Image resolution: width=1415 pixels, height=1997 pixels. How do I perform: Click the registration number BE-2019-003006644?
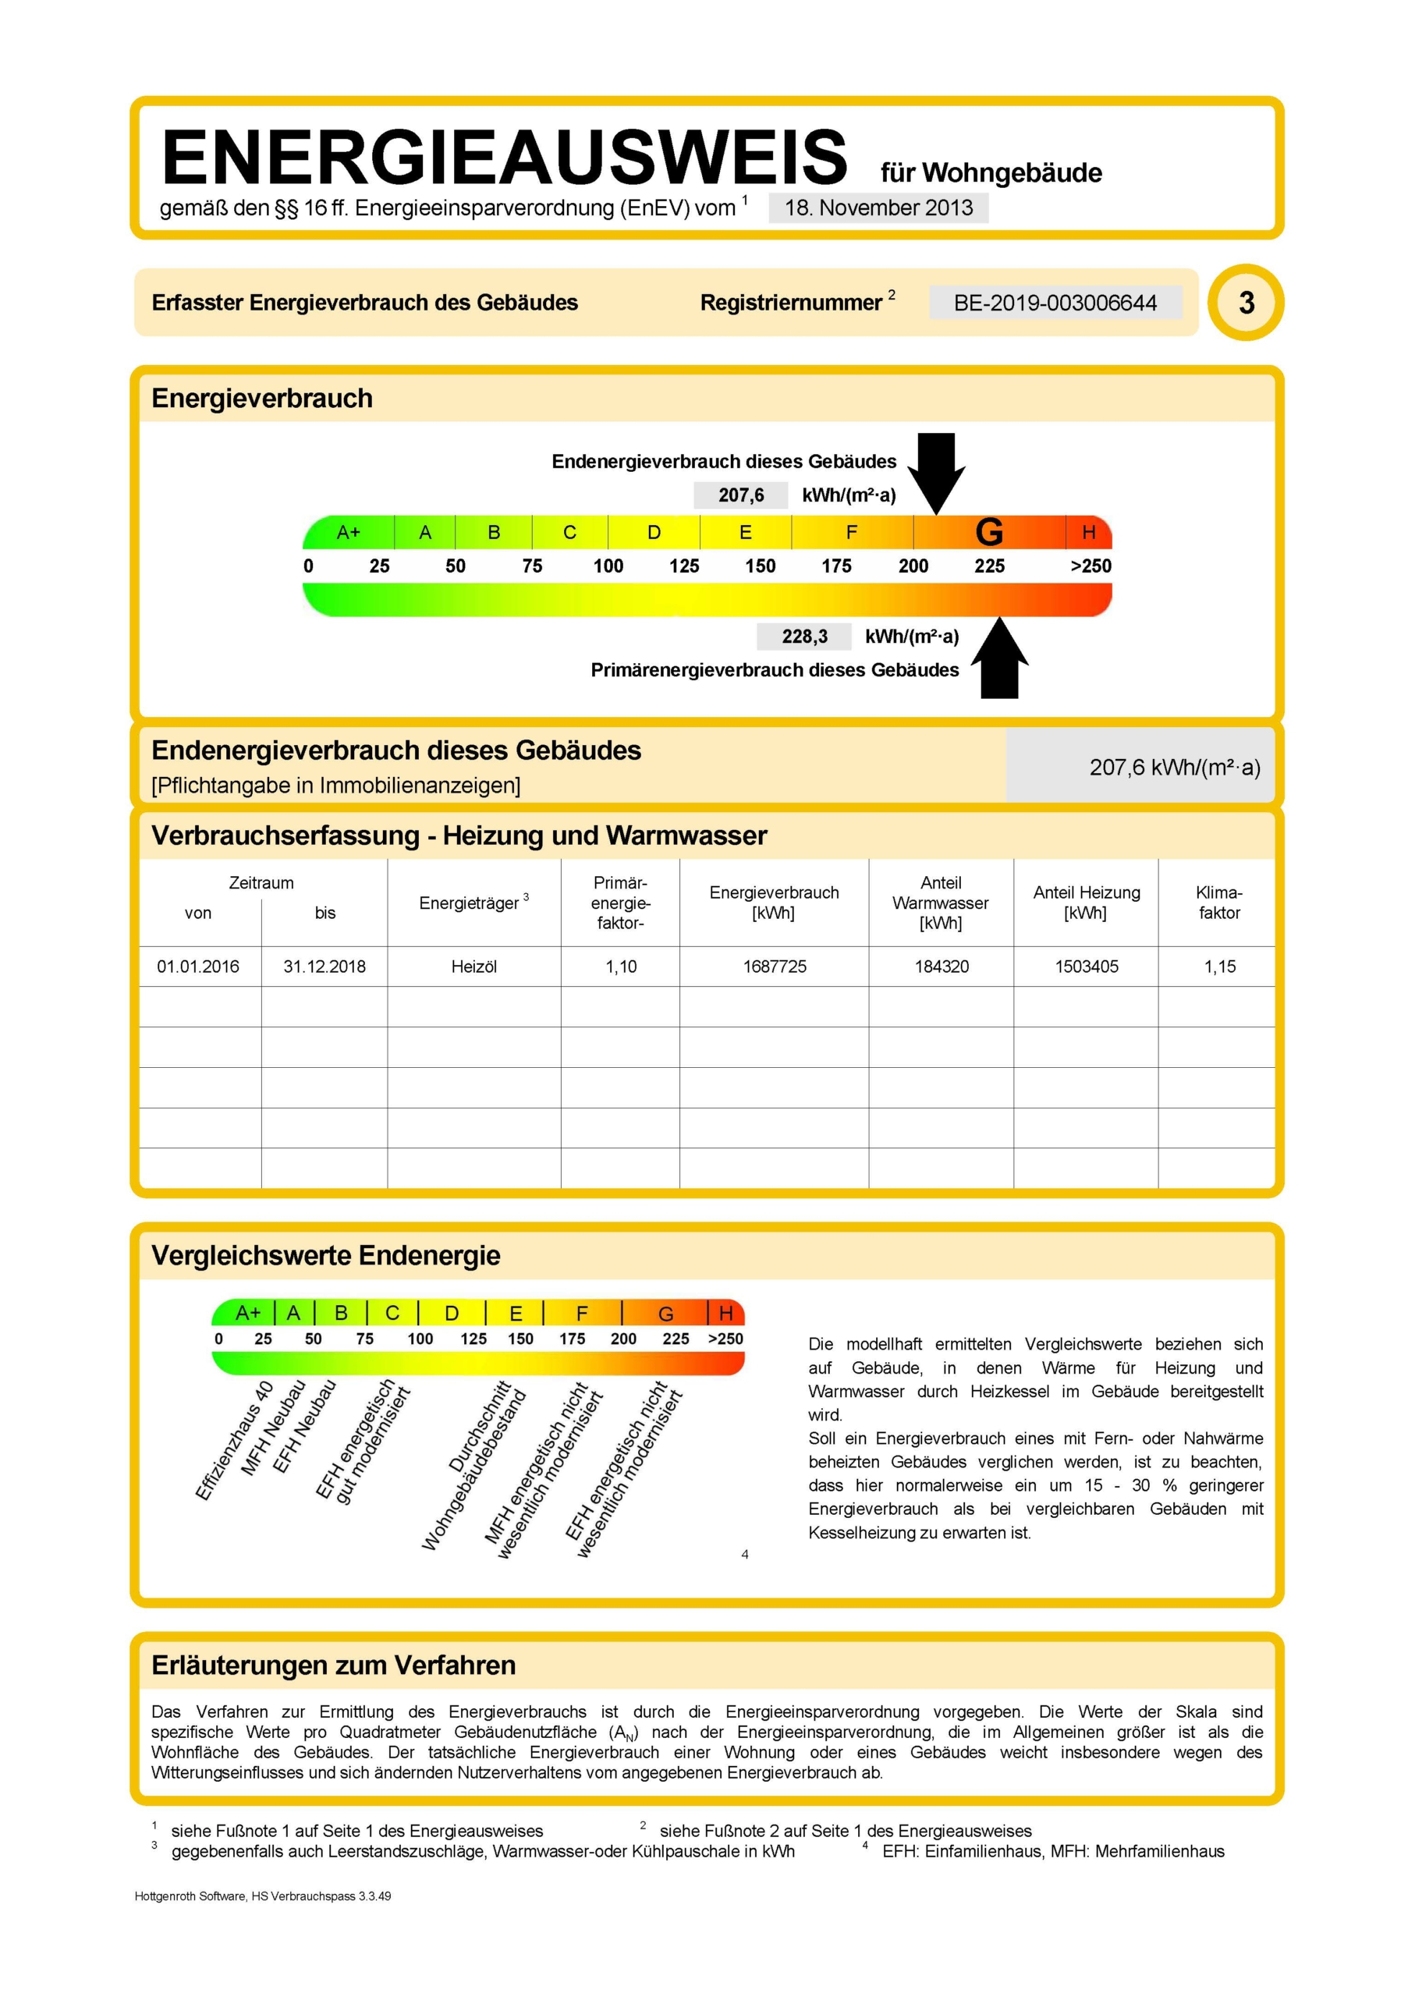pyautogui.click(x=1055, y=303)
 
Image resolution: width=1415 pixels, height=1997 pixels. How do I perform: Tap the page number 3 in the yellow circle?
pyautogui.click(x=1246, y=303)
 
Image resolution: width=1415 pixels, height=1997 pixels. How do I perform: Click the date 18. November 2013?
pyautogui.click(x=878, y=208)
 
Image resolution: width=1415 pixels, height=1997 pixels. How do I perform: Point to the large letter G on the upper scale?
pyautogui.click(x=989, y=531)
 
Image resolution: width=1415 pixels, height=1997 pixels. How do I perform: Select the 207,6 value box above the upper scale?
pyautogui.click(x=740, y=495)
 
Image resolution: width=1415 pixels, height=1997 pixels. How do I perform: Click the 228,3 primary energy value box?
pyautogui.click(x=804, y=636)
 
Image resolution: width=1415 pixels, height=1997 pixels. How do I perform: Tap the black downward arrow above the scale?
pyautogui.click(x=937, y=471)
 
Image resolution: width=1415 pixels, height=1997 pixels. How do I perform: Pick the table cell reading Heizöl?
pyautogui.click(x=474, y=967)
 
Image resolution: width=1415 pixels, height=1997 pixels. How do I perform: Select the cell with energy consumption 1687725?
pyautogui.click(x=775, y=967)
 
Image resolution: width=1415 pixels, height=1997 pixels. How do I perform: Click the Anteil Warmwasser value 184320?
pyautogui.click(x=941, y=967)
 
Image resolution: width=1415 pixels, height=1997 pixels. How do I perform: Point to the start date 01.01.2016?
pyautogui.click(x=198, y=967)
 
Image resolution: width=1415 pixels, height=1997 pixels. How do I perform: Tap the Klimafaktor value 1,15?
pyautogui.click(x=1219, y=967)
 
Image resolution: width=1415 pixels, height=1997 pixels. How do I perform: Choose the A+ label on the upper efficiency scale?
pyautogui.click(x=349, y=531)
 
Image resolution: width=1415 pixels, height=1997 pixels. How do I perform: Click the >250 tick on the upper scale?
pyautogui.click(x=1090, y=566)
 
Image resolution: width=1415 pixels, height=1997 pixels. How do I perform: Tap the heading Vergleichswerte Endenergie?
pyautogui.click(x=326, y=1255)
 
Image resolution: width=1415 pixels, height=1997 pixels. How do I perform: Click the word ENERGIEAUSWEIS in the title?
pyautogui.click(x=504, y=157)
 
